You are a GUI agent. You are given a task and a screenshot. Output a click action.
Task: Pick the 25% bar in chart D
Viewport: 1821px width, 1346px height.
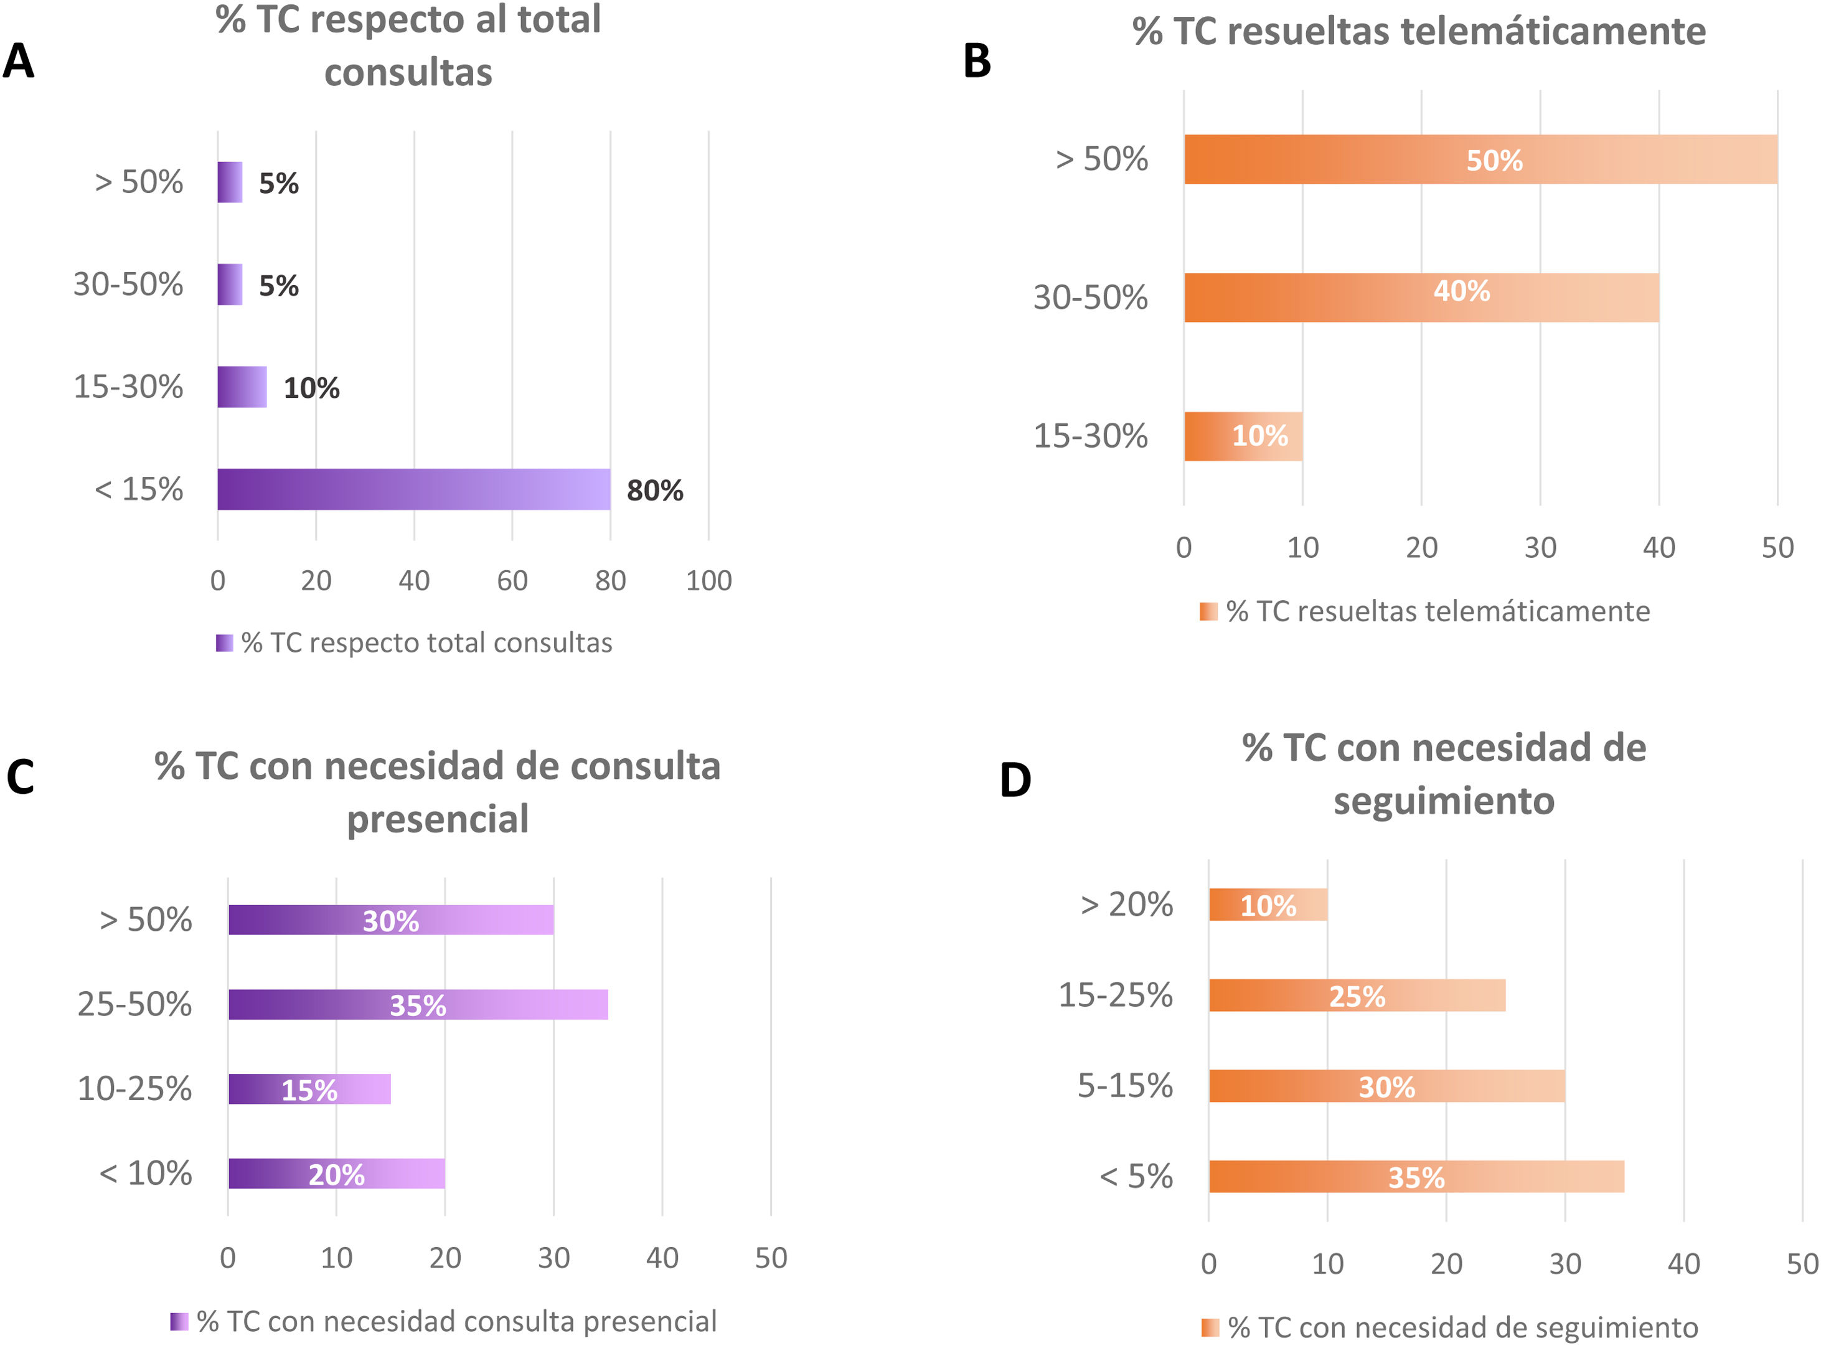click(1357, 995)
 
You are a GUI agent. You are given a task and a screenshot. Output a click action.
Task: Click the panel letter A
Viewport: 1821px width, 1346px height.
click(19, 61)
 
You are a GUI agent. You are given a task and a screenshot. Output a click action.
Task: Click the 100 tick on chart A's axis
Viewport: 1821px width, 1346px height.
click(708, 580)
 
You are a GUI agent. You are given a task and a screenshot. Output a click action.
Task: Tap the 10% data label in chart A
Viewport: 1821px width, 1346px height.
click(311, 388)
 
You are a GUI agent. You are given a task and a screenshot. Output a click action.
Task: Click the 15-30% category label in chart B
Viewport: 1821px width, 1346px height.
click(1090, 436)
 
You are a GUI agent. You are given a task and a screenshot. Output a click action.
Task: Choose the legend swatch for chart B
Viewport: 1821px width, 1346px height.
click(1208, 611)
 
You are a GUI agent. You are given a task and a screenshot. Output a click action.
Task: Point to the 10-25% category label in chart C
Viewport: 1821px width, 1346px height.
click(134, 1088)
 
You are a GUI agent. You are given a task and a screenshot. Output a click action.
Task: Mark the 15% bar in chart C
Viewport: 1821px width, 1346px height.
click(309, 1088)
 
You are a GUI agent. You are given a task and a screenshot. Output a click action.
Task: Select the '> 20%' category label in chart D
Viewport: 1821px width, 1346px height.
click(1126, 905)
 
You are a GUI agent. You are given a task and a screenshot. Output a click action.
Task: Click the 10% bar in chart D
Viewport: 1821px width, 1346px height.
click(1268, 905)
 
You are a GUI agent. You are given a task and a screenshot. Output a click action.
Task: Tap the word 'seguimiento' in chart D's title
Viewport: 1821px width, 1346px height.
click(1443, 801)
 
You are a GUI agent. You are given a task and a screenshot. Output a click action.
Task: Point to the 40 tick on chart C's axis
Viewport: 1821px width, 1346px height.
click(662, 1258)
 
